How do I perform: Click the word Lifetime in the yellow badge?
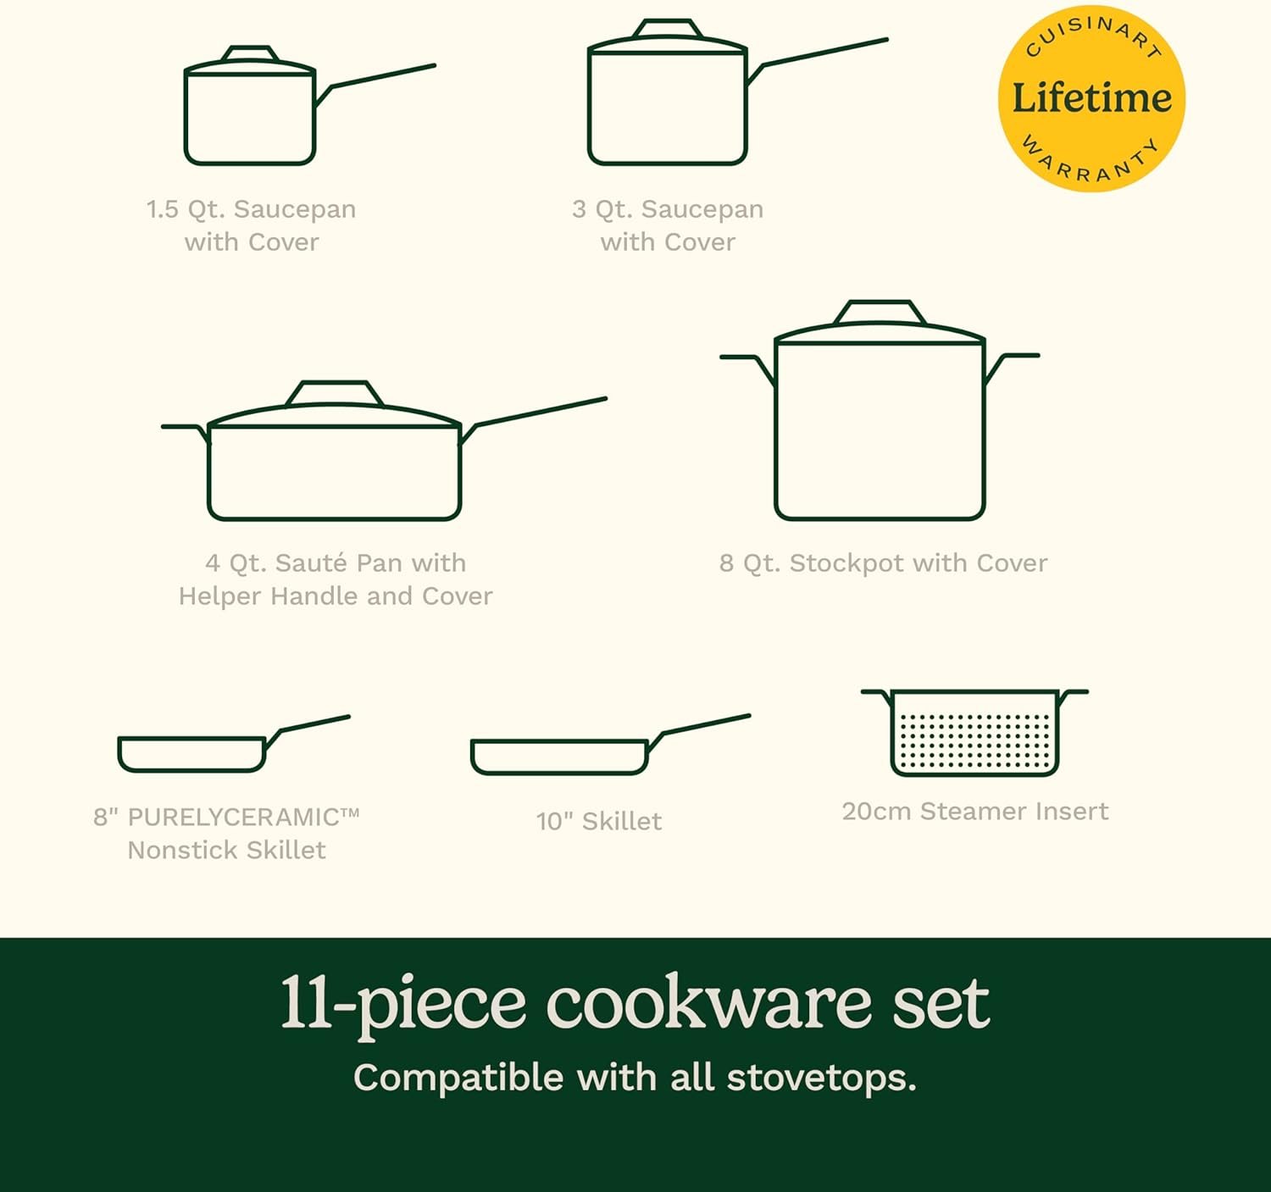click(x=1092, y=98)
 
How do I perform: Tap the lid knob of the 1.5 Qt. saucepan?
click(x=250, y=53)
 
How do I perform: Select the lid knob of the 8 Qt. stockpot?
click(x=880, y=312)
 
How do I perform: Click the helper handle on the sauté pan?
click(x=186, y=433)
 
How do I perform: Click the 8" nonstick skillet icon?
click(x=234, y=745)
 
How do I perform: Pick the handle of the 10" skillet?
click(x=698, y=732)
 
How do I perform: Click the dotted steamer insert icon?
click(x=974, y=733)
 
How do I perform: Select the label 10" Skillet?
click(x=599, y=821)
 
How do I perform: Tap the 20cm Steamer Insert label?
click(x=974, y=811)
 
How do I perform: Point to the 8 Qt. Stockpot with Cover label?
click(x=883, y=563)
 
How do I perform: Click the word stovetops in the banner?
click(x=822, y=1078)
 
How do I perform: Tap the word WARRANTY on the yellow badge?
click(x=1091, y=160)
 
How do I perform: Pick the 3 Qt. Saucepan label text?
click(x=668, y=209)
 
